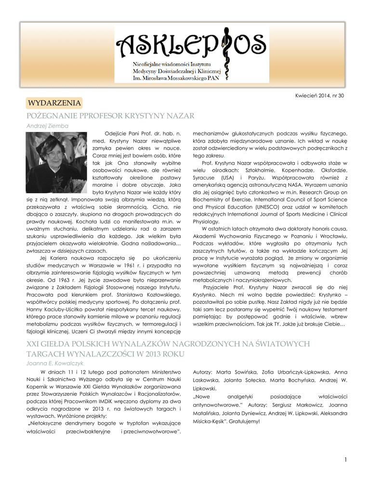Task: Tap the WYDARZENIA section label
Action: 54,103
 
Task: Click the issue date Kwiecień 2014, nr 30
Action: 319,96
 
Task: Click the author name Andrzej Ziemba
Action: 47,126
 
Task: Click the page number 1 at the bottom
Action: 345,460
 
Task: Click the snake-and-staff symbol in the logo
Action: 224,53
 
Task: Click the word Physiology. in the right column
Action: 206,221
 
